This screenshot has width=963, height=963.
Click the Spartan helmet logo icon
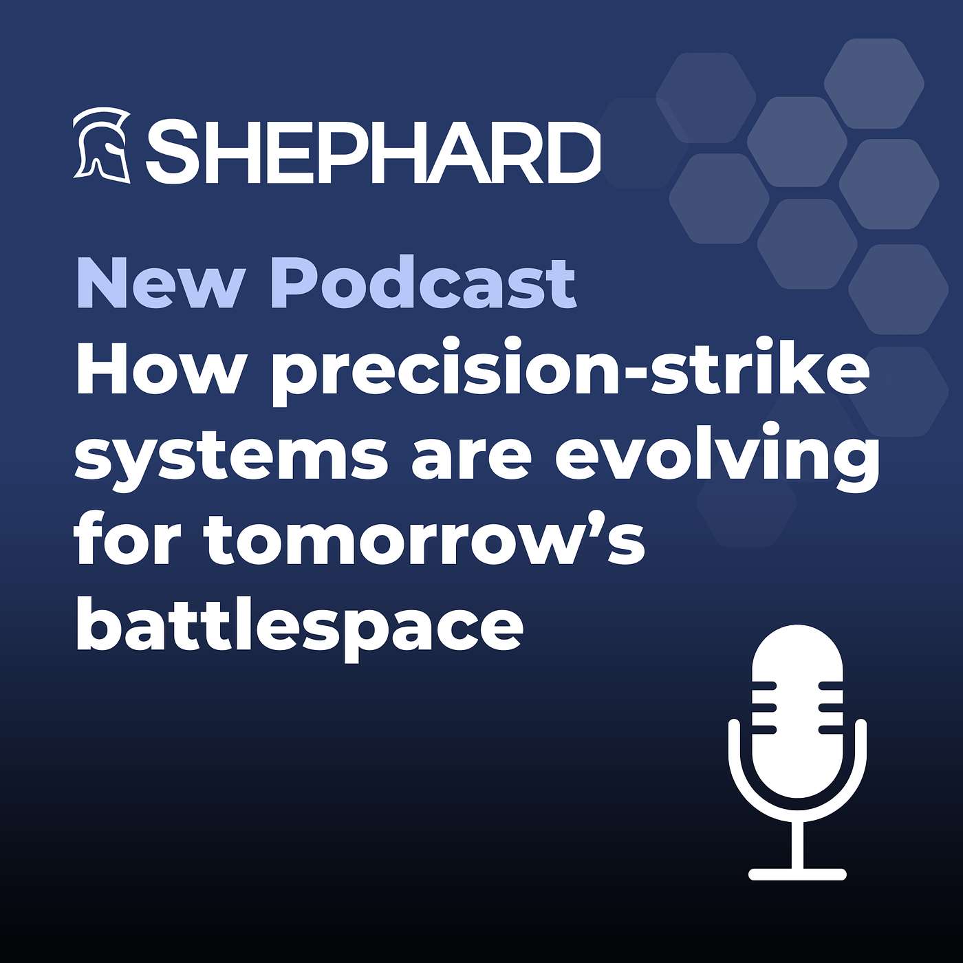102,145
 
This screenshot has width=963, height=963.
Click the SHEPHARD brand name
372,151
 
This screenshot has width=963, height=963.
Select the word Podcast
422,284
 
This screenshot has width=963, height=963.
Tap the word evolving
717,457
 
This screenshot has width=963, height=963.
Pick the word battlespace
299,629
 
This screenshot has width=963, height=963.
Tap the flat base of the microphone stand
797,874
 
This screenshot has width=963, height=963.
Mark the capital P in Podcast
297,284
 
